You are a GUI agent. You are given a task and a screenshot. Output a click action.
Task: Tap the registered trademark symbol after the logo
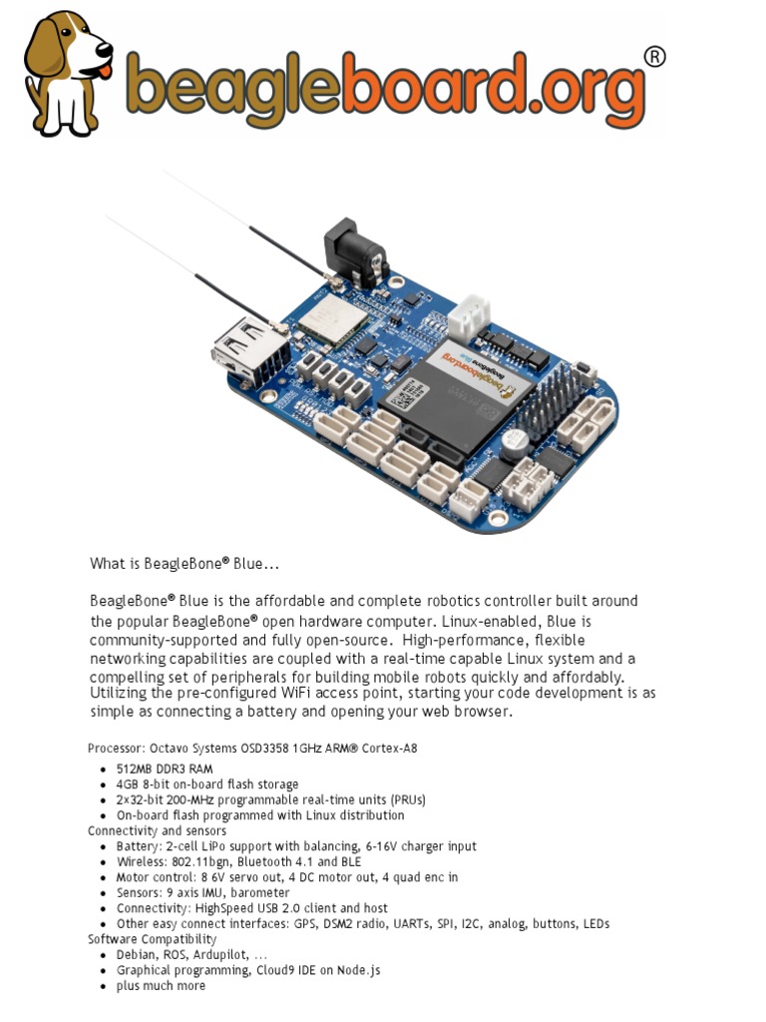pos(653,57)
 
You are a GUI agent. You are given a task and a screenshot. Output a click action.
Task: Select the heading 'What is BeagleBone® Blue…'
pos(185,564)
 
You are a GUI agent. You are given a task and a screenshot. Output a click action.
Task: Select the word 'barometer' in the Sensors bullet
pos(263,892)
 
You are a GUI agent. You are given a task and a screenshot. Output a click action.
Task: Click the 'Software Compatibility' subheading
pos(152,939)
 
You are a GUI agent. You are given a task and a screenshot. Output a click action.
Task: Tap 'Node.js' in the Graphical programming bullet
pos(358,970)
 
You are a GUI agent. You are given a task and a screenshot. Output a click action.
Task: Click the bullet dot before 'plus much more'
pos(104,986)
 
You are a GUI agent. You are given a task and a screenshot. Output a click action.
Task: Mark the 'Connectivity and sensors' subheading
pos(157,830)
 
